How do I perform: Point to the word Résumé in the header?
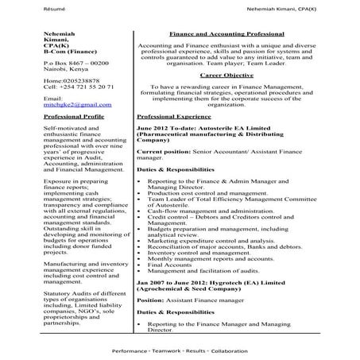point(16,7)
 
